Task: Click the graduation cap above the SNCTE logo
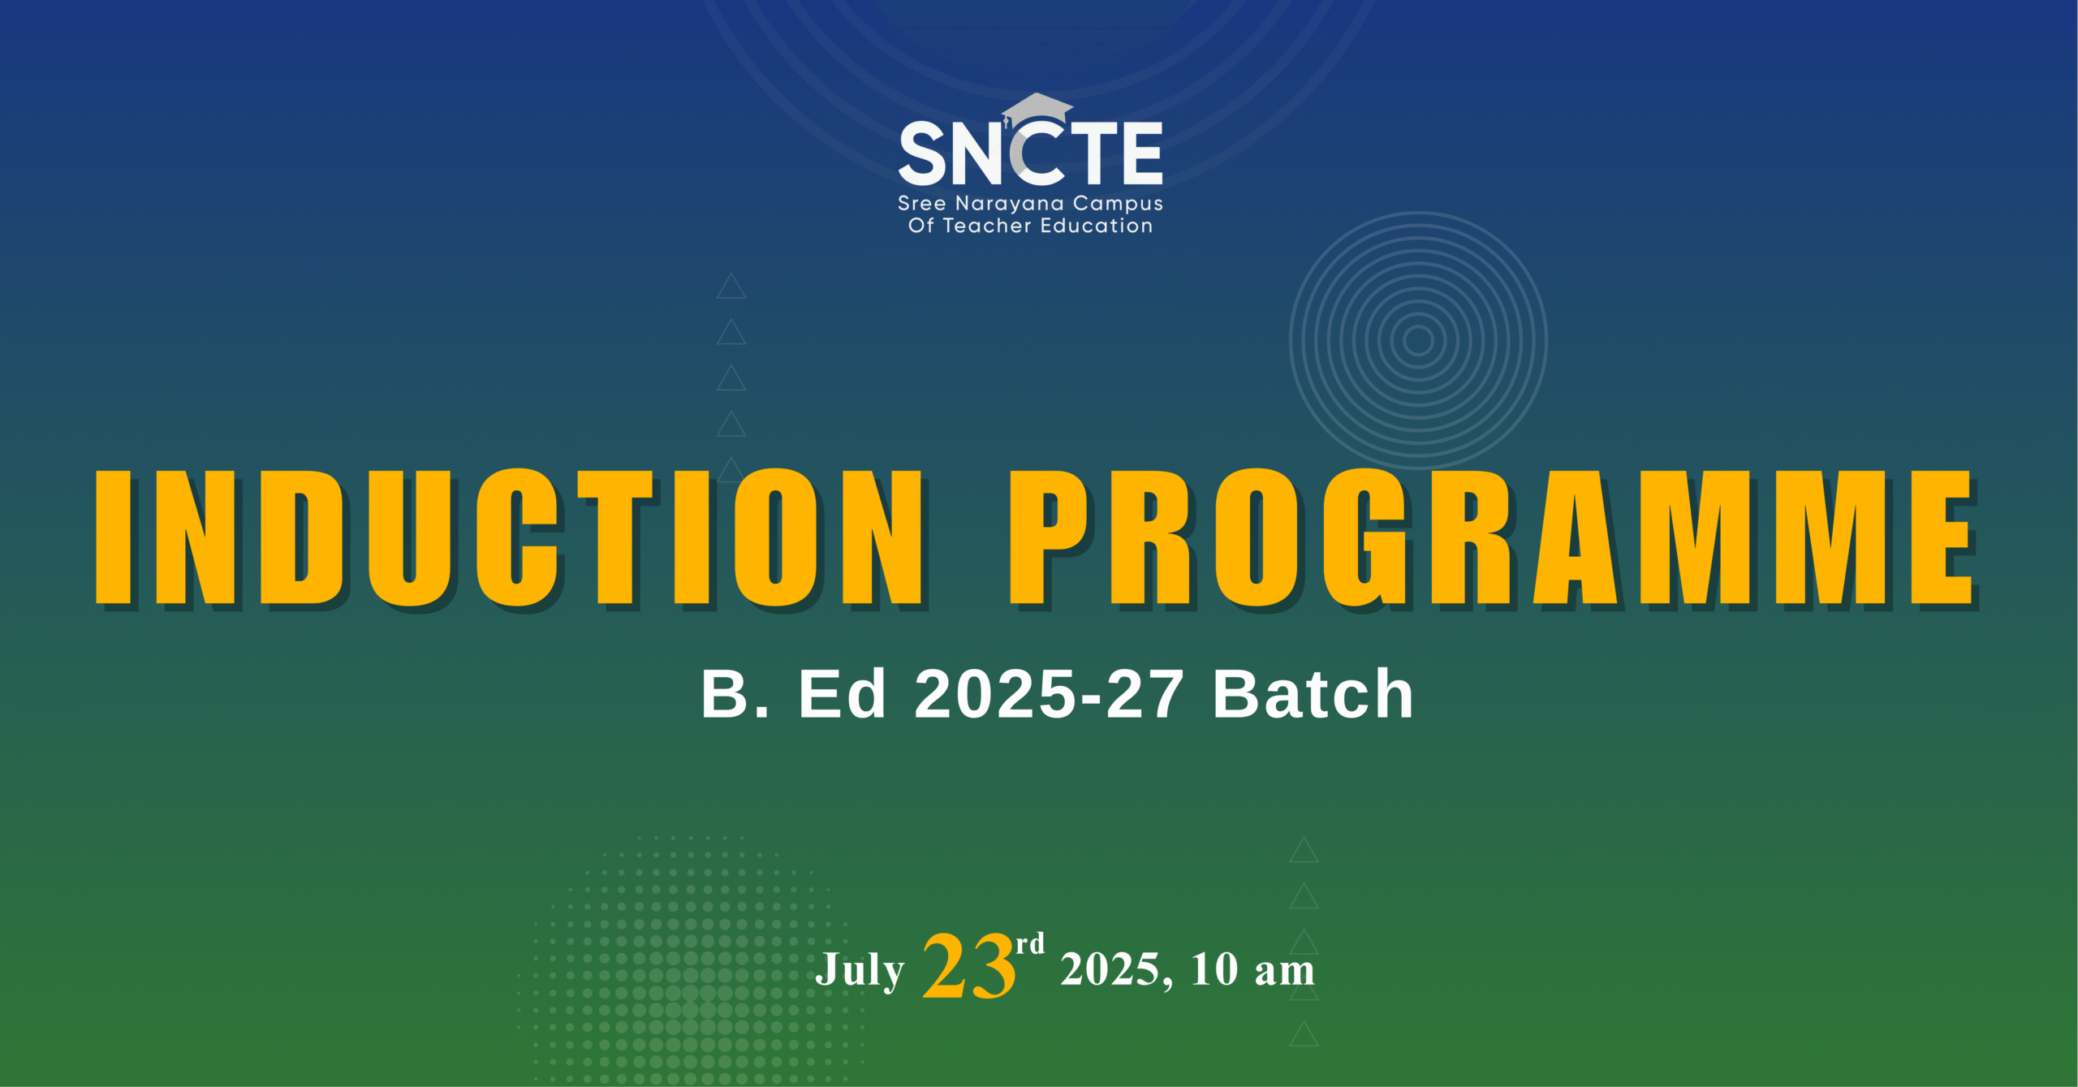click(1037, 110)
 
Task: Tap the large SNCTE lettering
click(1031, 153)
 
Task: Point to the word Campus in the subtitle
click(1118, 205)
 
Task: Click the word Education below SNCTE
click(1097, 226)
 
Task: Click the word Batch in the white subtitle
click(1313, 695)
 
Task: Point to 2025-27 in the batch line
click(1049, 695)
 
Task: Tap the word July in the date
click(860, 970)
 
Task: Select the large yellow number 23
click(969, 967)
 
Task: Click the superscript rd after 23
click(1030, 944)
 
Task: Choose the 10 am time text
click(1252, 970)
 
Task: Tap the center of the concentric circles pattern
click(1418, 340)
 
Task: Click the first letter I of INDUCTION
click(113, 537)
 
